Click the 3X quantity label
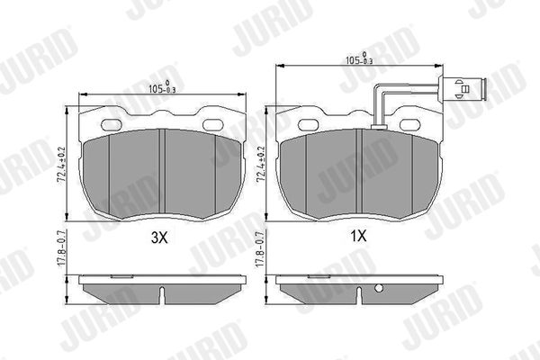159,238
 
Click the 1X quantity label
358,236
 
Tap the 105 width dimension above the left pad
162,88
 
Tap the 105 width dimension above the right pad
359,59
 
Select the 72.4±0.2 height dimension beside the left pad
61,165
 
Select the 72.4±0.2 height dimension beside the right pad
261,164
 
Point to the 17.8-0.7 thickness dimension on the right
261,248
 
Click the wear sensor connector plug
462,89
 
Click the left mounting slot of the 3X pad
111,125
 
